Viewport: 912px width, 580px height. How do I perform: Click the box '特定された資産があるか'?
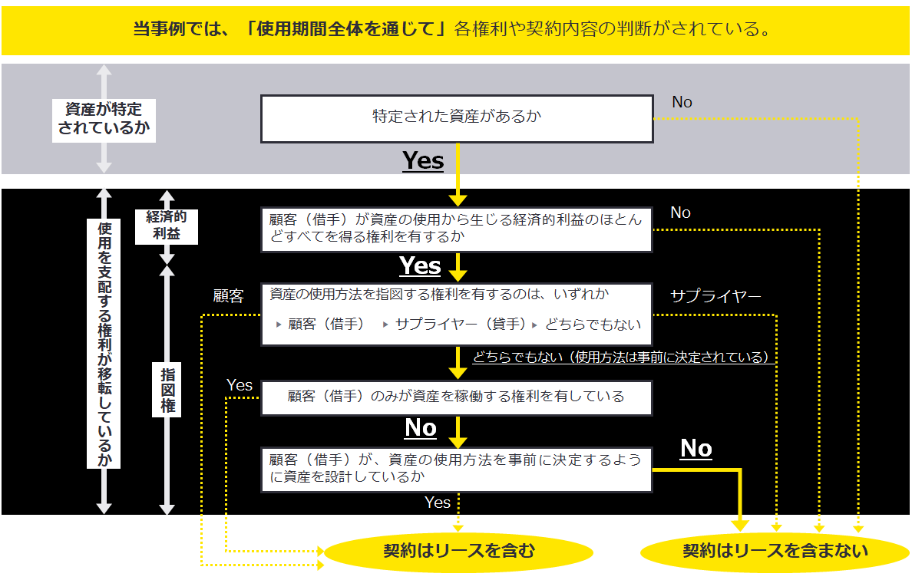(x=457, y=118)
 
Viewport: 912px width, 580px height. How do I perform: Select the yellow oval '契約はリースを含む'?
(x=458, y=551)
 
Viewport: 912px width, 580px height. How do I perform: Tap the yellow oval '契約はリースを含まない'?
(x=775, y=551)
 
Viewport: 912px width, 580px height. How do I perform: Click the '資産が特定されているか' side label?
(x=104, y=118)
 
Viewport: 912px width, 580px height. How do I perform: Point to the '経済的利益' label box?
(x=167, y=226)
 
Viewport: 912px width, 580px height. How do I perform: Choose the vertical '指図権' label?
(x=167, y=390)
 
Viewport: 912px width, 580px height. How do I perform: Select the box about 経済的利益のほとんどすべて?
(x=457, y=229)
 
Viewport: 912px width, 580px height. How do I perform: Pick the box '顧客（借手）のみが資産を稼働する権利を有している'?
(x=457, y=397)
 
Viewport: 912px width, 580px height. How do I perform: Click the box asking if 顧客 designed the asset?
(x=457, y=468)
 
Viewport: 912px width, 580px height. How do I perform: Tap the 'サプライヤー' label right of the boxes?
(x=715, y=296)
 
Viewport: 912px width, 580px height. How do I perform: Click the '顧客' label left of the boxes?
(x=229, y=296)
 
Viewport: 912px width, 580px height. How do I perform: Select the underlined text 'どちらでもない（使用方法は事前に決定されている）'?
(x=621, y=357)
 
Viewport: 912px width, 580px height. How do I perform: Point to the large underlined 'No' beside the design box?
(x=696, y=449)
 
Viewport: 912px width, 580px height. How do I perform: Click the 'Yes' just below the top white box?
(x=423, y=161)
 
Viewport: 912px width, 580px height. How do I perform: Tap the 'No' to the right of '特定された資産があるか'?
(x=682, y=102)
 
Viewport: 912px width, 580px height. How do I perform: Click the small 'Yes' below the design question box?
(x=438, y=503)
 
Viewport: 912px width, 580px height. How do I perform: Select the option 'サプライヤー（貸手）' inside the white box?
(x=460, y=324)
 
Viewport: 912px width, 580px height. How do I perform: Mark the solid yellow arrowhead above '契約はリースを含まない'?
(x=739, y=525)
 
